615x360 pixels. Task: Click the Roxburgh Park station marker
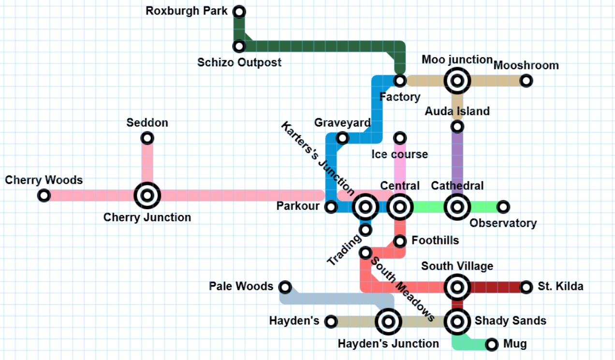pos(239,12)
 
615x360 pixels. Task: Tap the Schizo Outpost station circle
pos(239,46)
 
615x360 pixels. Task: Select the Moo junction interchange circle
pos(457,81)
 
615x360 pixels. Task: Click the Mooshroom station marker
pos(526,81)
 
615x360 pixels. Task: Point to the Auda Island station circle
pos(457,127)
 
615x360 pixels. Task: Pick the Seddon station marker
pos(147,138)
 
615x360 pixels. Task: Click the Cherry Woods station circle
pos(44,196)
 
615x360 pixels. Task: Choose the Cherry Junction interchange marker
pos(147,196)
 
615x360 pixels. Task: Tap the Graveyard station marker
pos(342,138)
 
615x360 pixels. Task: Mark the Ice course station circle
pos(400,138)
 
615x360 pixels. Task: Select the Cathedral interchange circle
pos(457,207)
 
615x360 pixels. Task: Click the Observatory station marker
pos(503,207)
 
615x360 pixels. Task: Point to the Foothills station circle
pos(400,241)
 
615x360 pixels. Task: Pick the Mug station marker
pos(492,345)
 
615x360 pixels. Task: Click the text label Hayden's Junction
pos(388,344)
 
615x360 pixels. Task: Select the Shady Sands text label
pos(511,321)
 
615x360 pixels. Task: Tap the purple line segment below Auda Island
pos(457,162)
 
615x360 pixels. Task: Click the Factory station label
pos(400,97)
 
